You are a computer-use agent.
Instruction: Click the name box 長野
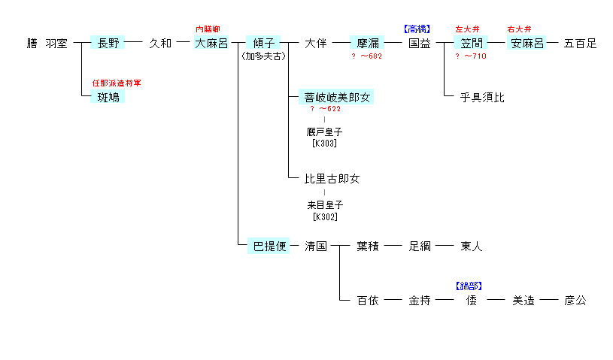[x=108, y=44]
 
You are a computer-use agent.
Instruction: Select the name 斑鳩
[x=108, y=97]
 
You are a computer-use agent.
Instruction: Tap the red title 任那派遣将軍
[x=117, y=83]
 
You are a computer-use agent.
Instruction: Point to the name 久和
[x=160, y=44]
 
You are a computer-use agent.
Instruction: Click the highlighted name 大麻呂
[x=211, y=44]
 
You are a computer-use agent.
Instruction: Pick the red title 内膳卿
[x=208, y=29]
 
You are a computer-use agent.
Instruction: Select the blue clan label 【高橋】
[x=417, y=29]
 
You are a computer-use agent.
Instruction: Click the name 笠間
[x=472, y=44]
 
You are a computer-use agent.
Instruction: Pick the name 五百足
[x=580, y=44]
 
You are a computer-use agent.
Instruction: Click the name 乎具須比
[x=482, y=97]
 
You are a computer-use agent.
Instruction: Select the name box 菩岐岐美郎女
[x=338, y=97]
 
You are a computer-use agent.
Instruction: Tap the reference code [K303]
[x=324, y=143]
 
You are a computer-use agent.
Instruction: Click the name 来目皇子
[x=324, y=204]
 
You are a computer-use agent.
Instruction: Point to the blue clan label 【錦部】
[x=469, y=286]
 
